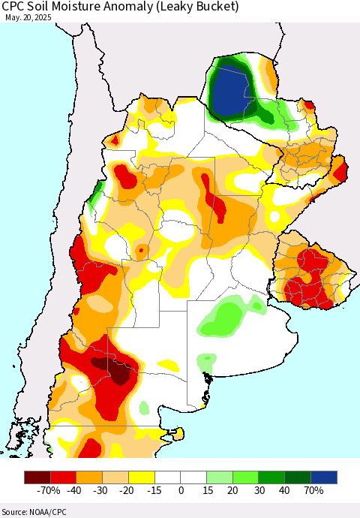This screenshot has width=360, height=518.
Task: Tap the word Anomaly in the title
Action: pyautogui.click(x=137, y=7)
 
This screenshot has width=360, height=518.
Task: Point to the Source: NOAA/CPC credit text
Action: pyautogui.click(x=32, y=510)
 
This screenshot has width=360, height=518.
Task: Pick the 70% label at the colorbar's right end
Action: pyautogui.click(x=313, y=490)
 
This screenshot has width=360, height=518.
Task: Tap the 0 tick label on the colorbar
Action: pyautogui.click(x=181, y=490)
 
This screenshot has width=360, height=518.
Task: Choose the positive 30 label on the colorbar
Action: pyautogui.click(x=259, y=490)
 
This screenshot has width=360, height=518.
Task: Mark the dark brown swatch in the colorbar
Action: pyautogui.click(x=37, y=477)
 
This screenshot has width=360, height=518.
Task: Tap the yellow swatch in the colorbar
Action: pyautogui.click(x=141, y=477)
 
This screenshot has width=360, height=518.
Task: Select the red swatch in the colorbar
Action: pyautogui.click(x=63, y=477)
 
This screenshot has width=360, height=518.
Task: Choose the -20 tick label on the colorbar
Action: pyautogui.click(x=128, y=490)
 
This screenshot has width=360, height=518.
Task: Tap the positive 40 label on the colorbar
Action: pyautogui.click(x=286, y=490)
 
